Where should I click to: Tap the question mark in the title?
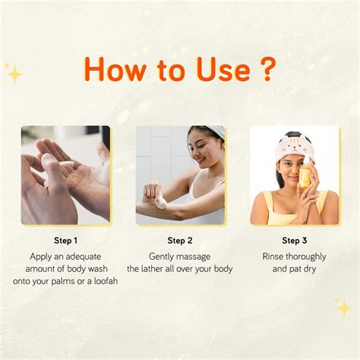[267, 69]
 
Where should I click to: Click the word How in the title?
[115, 69]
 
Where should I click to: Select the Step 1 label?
[65, 241]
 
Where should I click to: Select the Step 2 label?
[180, 241]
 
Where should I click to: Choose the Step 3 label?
[294, 241]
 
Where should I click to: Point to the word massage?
[194, 257]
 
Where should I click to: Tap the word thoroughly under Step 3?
[306, 257]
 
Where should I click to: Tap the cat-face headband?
[295, 147]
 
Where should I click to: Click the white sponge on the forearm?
[162, 204]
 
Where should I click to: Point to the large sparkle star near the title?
[15, 74]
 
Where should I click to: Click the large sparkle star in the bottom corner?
[343, 308]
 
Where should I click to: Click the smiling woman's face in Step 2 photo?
[207, 150]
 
